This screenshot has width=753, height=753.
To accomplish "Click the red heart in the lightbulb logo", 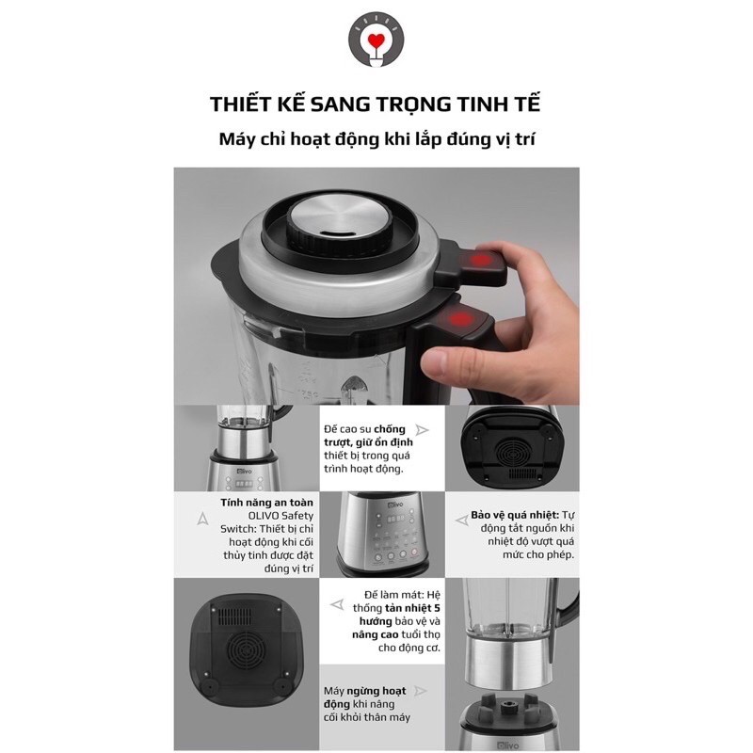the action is point(376,40).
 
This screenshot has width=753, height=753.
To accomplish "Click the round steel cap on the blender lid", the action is point(340,219).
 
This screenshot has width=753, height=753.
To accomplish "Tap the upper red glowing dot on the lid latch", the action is point(482,261).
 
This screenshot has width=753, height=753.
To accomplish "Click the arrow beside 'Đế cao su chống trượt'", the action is point(422,430).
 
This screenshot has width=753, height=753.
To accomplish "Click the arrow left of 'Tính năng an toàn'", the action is point(202,519).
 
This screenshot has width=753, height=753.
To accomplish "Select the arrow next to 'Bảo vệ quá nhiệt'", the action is point(462,521).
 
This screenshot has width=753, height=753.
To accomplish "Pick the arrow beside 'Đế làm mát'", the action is point(337,604).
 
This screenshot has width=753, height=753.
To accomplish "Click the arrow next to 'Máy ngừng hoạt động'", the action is point(420,691).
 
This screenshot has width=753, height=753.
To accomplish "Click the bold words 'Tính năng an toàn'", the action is point(266,503).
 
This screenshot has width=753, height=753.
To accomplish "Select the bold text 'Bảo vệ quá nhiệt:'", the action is point(515,515).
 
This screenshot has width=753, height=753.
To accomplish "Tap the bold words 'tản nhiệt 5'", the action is point(412,608).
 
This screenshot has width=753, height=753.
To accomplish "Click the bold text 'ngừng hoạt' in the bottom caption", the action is point(376,691).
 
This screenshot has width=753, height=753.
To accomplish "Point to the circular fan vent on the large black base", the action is point(245,649).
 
